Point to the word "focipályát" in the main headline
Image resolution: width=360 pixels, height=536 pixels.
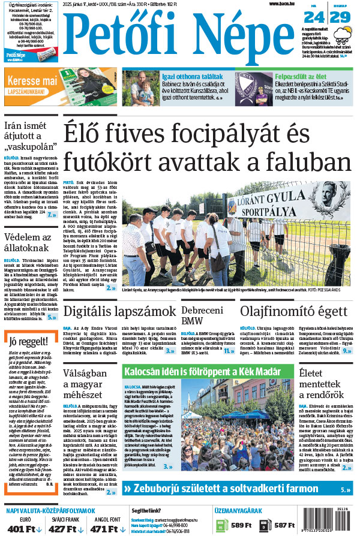tap(232, 131)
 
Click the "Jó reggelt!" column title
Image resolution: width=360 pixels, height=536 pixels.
tap(25, 342)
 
